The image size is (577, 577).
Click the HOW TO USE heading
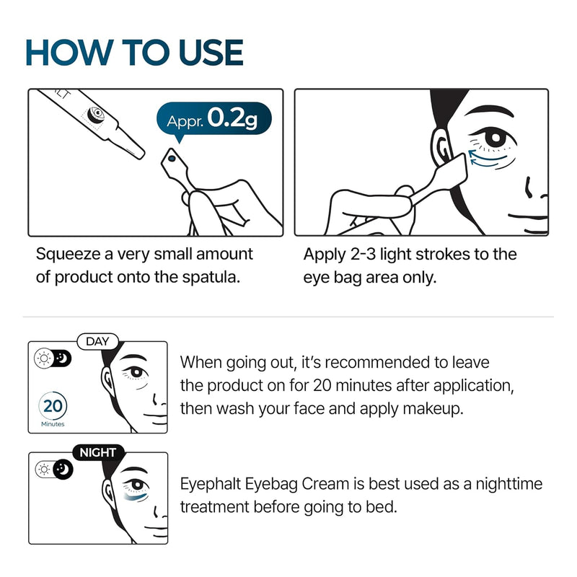click(x=134, y=53)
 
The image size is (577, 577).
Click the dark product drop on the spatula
click(x=172, y=157)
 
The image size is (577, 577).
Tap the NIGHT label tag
click(x=97, y=452)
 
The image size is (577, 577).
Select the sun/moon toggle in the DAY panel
click(x=53, y=358)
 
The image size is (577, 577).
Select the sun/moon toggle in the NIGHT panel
click(x=53, y=469)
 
